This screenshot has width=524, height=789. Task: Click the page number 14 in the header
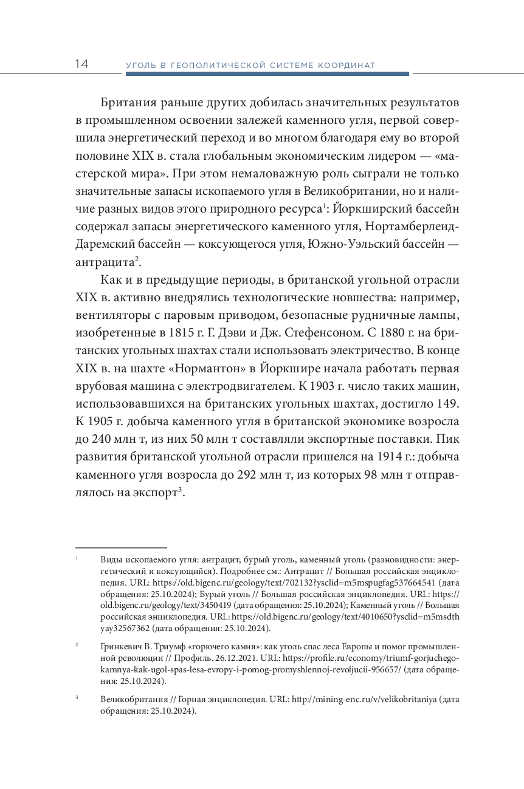[81, 64]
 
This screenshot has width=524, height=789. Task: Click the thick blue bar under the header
[267, 74]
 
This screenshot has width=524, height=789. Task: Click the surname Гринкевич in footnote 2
[121, 646]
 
